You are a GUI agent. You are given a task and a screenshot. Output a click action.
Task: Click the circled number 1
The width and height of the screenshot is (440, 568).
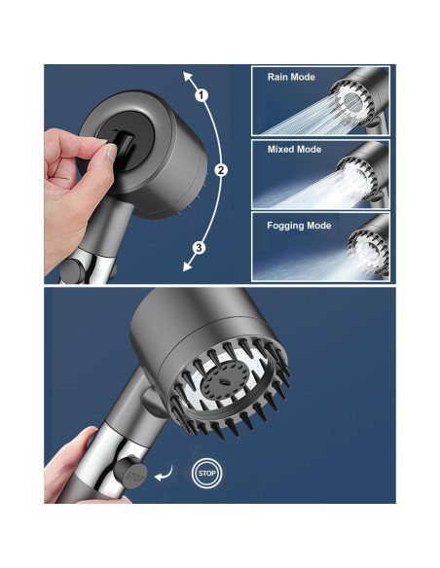coord(202,95)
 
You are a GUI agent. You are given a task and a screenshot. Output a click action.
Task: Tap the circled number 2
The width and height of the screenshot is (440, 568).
coord(221,170)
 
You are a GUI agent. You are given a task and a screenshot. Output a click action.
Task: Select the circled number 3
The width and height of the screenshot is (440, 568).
coord(199,248)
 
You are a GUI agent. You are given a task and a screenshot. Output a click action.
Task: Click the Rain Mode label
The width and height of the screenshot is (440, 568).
coord(291,77)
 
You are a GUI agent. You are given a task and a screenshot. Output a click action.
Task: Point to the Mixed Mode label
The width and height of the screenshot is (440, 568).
coord(294,149)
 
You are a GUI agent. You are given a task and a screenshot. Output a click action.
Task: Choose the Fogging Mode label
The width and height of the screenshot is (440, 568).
coord(299,226)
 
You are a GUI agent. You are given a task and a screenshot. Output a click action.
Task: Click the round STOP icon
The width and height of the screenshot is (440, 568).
coord(206,473)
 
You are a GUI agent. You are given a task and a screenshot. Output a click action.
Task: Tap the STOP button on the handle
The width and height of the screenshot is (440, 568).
coord(130,473)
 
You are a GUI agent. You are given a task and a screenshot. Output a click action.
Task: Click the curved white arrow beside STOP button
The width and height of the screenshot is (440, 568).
coord(164,474)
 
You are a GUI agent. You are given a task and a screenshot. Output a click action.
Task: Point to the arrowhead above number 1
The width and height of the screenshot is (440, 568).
coord(187,76)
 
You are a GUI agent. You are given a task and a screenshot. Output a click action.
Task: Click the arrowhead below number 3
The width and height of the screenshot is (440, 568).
coord(187,266)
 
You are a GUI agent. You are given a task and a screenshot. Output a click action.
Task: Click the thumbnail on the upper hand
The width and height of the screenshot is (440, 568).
coord(111,152)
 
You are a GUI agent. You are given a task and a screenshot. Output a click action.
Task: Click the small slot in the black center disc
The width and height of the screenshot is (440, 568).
coord(225,381)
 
